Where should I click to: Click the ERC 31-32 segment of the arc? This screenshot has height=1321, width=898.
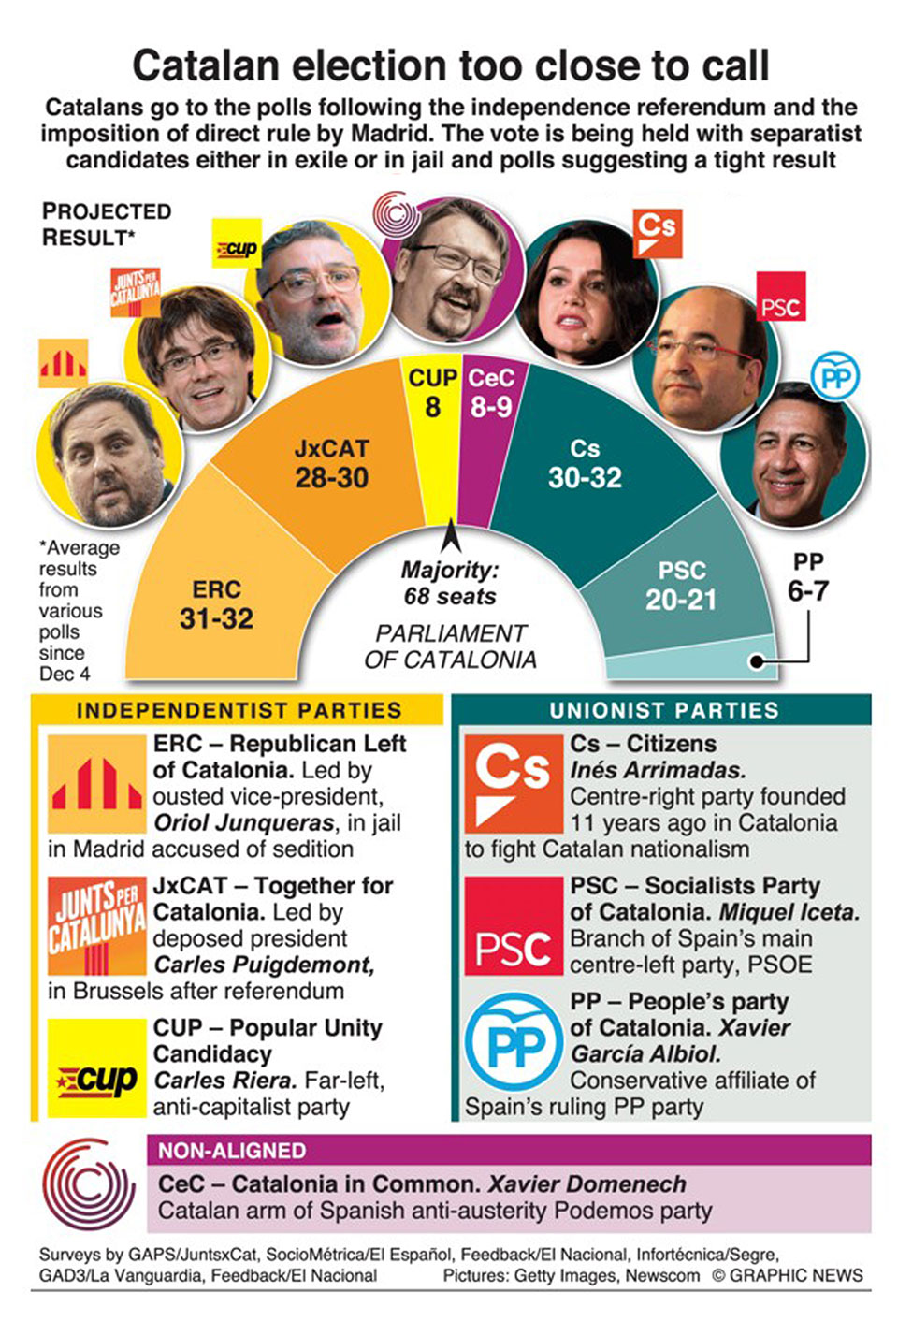(216, 603)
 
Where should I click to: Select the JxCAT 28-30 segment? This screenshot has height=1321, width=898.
(331, 463)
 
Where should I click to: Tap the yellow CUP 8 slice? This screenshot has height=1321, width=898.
(431, 393)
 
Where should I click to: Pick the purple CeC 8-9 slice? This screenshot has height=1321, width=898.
(490, 393)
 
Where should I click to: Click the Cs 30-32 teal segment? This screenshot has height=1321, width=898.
(585, 463)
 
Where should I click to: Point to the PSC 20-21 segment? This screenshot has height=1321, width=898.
(681, 586)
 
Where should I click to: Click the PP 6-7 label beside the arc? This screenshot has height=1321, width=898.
(807, 577)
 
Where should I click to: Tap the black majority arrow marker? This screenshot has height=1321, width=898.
(450, 536)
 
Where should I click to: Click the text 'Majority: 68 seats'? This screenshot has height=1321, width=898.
(450, 583)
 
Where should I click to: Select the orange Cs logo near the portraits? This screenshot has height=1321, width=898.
(658, 232)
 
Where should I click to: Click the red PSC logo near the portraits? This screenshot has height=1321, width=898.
(780, 298)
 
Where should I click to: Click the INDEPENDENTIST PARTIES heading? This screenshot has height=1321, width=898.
(239, 710)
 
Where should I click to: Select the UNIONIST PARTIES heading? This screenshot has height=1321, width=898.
(663, 710)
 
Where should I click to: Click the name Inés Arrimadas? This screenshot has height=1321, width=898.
(658, 770)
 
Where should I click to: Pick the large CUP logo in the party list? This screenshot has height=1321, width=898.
(96, 1068)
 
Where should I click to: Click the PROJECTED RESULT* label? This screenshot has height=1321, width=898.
(106, 225)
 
